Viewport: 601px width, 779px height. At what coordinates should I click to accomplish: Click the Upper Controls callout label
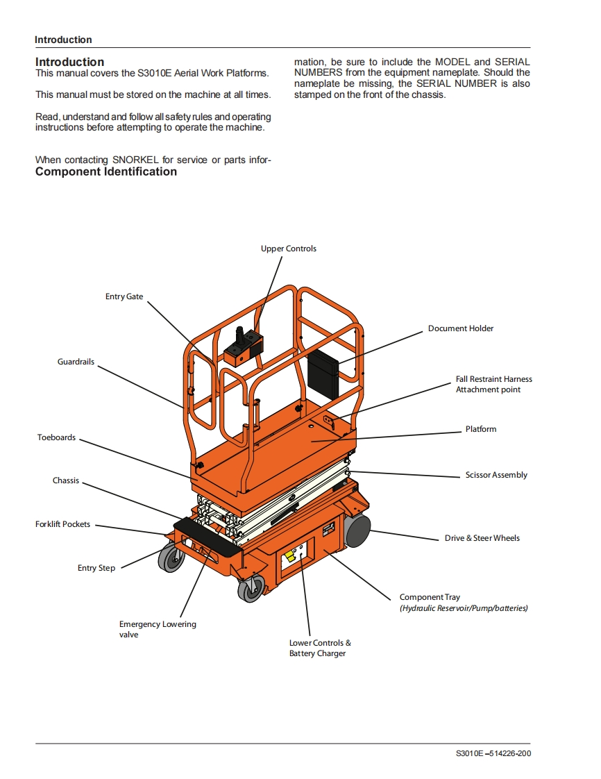tap(288, 249)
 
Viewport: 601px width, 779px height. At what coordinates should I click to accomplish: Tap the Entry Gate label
tap(124, 296)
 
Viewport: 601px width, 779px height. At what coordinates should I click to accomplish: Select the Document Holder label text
tap(460, 328)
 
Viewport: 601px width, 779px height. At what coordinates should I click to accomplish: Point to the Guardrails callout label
tap(76, 362)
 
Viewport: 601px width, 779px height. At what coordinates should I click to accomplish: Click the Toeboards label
tap(56, 437)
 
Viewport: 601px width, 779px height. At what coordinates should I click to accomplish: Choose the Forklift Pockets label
tap(62, 524)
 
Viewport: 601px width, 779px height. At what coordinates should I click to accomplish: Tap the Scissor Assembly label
tap(496, 475)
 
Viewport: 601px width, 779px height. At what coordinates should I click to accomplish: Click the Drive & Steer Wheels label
tap(482, 538)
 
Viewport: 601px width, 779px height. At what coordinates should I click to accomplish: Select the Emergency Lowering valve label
tap(158, 629)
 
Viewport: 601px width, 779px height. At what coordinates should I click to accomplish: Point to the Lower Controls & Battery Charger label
tap(320, 648)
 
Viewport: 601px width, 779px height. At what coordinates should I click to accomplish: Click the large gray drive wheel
tap(356, 533)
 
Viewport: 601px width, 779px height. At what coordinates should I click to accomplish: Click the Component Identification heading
tap(106, 171)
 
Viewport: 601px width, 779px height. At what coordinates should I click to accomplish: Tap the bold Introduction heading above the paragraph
tap(69, 62)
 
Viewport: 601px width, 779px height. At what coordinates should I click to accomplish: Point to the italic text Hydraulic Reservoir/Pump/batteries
tap(464, 608)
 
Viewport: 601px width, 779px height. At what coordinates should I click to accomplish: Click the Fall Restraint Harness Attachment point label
tap(493, 384)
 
